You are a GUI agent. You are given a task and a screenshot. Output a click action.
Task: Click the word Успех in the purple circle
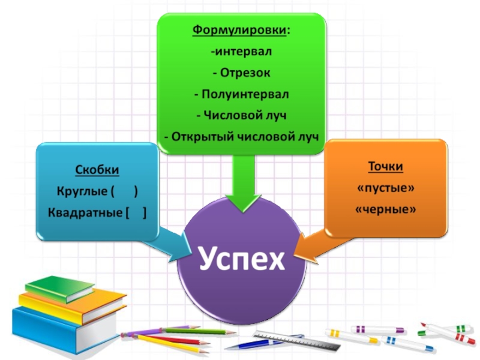[x=241, y=259]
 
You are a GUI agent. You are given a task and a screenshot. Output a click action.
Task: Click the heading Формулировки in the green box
[x=239, y=30]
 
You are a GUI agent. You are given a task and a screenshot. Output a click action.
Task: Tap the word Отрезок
[x=245, y=73]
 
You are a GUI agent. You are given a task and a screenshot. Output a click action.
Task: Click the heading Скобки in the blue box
[x=97, y=170]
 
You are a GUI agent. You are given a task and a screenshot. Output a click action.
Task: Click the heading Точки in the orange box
[x=385, y=167]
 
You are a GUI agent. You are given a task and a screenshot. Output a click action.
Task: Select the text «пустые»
[x=385, y=188]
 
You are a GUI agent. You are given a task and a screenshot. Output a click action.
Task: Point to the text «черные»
[x=385, y=210]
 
